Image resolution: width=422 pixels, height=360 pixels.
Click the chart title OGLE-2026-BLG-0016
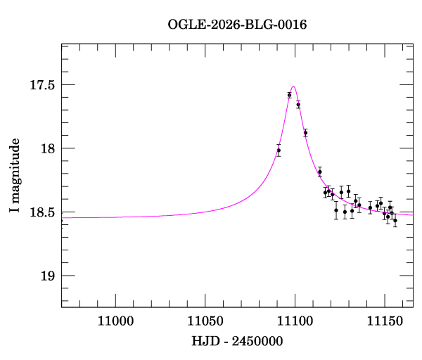pos(237,25)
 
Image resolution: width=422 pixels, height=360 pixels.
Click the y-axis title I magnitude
pos(15,175)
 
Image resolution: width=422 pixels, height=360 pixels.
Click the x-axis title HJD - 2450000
pos(237,341)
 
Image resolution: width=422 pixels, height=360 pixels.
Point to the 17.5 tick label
pos(42,85)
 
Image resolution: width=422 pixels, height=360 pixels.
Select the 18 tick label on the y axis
pos(48,148)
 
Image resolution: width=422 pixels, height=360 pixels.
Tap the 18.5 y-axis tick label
pos(42,212)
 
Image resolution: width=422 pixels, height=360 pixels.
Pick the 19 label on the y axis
pos(48,276)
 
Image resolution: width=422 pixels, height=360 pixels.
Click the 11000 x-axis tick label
pos(115,321)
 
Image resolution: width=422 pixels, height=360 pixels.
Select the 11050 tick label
pos(205,321)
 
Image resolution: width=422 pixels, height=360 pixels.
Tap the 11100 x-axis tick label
pos(295,321)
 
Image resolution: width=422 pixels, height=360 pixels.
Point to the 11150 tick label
pos(385,321)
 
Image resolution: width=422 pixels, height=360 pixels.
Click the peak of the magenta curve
pos(293,86)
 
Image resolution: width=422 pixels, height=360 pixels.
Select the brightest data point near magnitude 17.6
pos(289,95)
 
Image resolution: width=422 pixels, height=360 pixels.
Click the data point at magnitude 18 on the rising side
pos(279,150)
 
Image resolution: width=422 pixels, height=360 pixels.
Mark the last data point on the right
pos(395,220)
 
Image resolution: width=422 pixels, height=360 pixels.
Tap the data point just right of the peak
pos(298,105)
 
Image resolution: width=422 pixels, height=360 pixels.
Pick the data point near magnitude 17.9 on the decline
pos(305,133)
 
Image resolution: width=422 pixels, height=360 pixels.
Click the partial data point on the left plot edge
pos(62,221)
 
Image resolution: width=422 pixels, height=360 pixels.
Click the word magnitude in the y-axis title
pos(15,171)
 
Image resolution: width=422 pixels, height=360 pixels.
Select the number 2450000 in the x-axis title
pos(257,341)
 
